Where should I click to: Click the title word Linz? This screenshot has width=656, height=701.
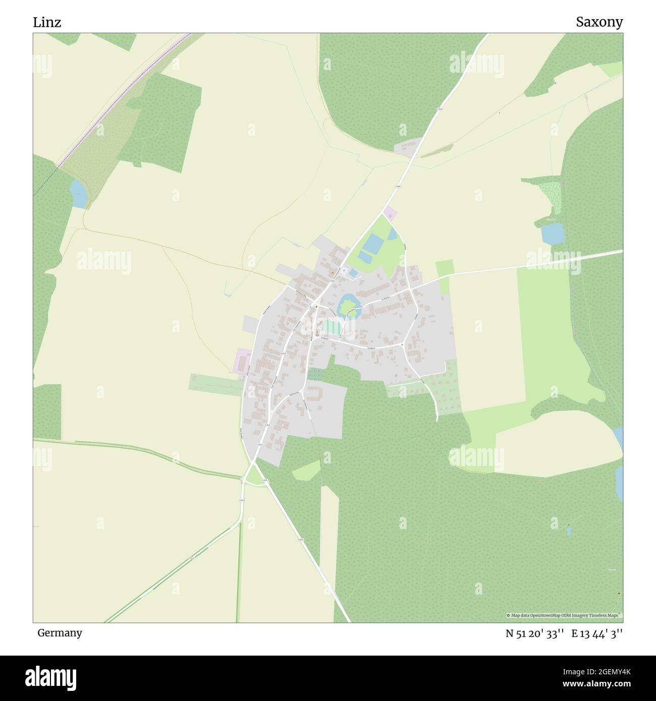point(47,22)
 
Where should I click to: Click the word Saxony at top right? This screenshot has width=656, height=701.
point(599,22)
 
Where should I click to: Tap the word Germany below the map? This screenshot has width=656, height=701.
point(60,633)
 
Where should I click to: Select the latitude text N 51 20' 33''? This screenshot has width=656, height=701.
point(535,634)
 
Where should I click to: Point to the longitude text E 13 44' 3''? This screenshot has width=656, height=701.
point(597,634)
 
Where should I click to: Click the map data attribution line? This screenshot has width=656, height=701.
point(564,615)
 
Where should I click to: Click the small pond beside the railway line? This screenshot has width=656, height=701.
point(78,194)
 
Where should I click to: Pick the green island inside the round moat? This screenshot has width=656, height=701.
point(349,306)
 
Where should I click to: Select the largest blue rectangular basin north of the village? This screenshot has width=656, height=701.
point(373,244)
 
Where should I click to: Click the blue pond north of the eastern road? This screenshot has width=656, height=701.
point(552,233)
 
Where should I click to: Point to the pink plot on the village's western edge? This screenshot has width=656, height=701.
point(243,361)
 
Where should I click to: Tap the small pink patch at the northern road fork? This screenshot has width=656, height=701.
point(390,213)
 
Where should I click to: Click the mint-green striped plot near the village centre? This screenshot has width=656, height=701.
point(332,327)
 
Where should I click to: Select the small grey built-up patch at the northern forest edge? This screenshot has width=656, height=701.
point(408,146)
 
